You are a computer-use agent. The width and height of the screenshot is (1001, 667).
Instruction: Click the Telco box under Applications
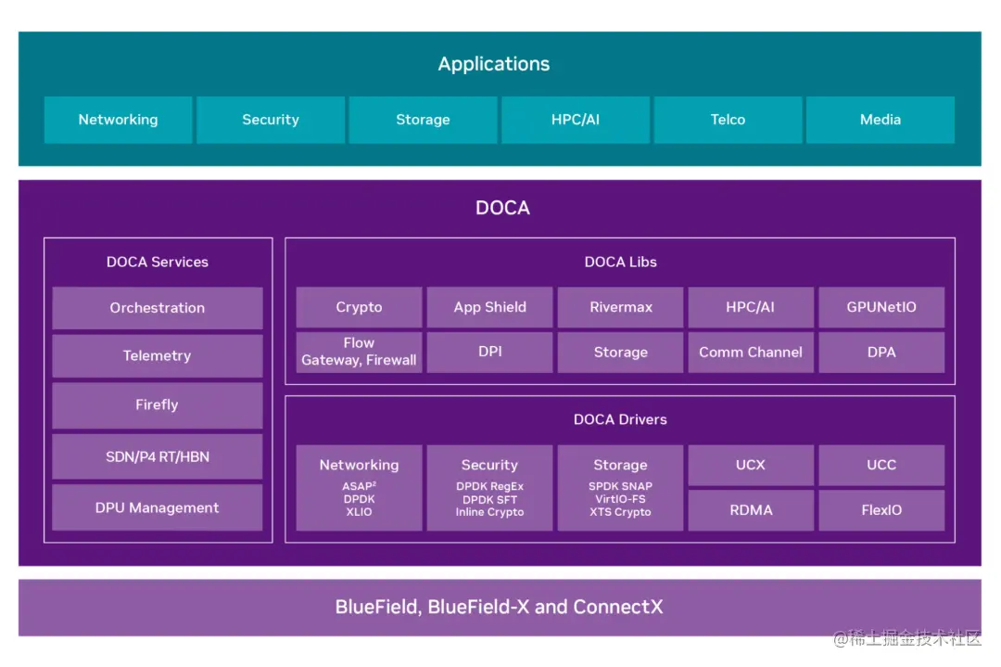[728, 120]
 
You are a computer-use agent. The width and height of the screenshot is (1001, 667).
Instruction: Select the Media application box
[881, 120]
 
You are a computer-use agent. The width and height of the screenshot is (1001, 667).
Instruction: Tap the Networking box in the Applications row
[118, 120]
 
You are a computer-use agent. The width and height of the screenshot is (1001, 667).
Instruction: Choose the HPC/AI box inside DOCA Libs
[751, 307]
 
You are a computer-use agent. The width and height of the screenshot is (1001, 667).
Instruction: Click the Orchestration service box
[157, 308]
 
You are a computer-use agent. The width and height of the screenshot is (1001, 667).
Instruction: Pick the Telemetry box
[157, 356]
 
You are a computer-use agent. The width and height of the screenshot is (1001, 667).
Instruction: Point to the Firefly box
[157, 405]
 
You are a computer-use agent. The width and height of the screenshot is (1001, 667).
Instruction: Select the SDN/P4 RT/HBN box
[157, 456]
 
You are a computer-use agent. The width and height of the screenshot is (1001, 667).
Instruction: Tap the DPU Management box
[157, 508]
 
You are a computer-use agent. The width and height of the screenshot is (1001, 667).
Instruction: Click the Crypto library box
[359, 307]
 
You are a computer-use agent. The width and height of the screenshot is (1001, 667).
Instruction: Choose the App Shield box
[489, 307]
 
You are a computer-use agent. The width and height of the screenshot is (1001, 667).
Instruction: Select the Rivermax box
[620, 307]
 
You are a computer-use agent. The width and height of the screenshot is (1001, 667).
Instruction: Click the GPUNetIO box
[881, 307]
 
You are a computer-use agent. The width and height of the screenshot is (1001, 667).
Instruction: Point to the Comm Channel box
[751, 352]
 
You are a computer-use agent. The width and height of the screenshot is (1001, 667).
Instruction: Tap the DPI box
[489, 352]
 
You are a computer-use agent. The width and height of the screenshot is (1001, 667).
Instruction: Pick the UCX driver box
[751, 465]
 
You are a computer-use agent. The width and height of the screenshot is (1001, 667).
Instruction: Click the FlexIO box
[881, 510]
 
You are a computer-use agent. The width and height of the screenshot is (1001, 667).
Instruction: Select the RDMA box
[751, 510]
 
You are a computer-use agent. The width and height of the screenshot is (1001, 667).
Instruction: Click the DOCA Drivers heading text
[620, 419]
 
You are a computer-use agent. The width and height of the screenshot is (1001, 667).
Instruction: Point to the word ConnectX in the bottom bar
[618, 607]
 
